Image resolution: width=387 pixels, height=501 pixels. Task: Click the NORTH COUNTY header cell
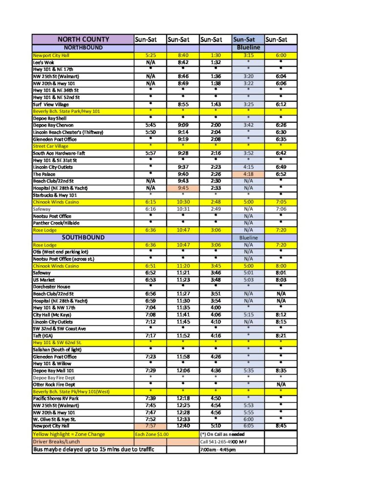pyautogui.click(x=83, y=39)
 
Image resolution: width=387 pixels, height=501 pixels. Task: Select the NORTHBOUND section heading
pyautogui.click(x=83, y=47)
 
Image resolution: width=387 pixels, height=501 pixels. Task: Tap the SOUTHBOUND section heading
pyautogui.click(x=83, y=237)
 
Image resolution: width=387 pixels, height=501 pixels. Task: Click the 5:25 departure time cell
pyautogui.click(x=150, y=56)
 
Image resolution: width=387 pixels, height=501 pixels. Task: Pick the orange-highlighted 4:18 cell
pyautogui.click(x=248, y=174)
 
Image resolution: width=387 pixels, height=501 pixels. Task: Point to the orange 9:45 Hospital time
pyautogui.click(x=182, y=188)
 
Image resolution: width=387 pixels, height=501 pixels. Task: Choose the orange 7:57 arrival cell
pyautogui.click(x=150, y=426)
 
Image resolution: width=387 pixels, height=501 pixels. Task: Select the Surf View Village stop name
pyautogui.click(x=51, y=105)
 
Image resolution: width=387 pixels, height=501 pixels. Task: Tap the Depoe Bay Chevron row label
pyautogui.click(x=53, y=125)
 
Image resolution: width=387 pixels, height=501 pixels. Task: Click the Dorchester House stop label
pyautogui.click(x=51, y=287)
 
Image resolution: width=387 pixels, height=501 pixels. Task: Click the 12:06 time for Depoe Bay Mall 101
pyautogui.click(x=182, y=371)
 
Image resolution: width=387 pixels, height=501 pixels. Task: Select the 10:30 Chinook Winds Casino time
pyautogui.click(x=182, y=202)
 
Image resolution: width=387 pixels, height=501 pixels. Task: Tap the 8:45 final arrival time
pyautogui.click(x=281, y=426)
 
